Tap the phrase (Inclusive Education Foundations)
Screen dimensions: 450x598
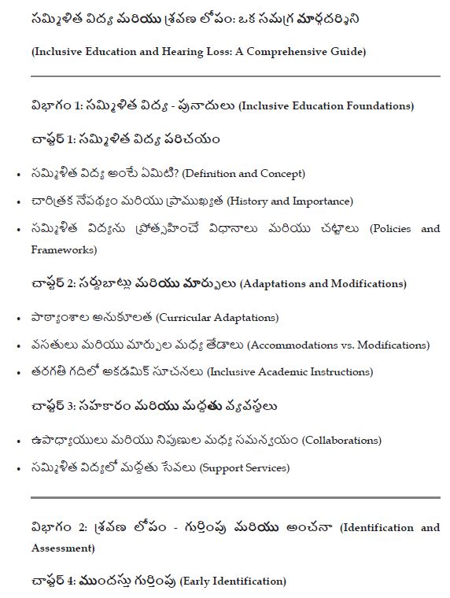pyautogui.click(x=325, y=106)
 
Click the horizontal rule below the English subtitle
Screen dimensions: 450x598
pyautogui.click(x=235, y=76)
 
